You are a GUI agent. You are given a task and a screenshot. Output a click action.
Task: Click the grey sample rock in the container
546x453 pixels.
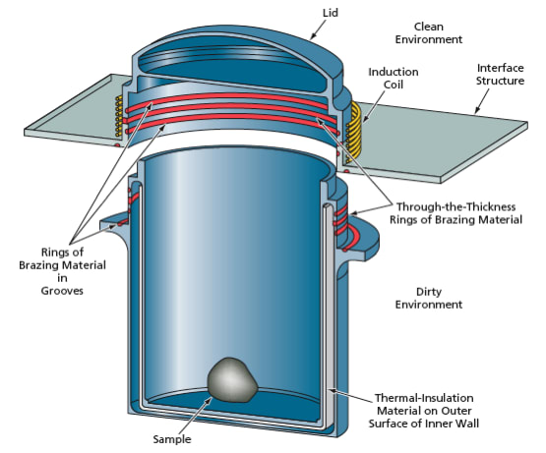[x=232, y=380]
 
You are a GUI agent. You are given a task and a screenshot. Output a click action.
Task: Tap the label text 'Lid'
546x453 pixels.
[x=331, y=13]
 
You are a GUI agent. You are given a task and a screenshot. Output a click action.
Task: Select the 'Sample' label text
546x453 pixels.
[x=172, y=439]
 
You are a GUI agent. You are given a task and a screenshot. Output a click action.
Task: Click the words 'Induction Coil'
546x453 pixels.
[x=394, y=79]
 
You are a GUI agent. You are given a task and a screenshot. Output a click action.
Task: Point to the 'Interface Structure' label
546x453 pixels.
[x=500, y=74]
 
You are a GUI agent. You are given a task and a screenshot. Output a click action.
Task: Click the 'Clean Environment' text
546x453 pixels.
[x=429, y=33]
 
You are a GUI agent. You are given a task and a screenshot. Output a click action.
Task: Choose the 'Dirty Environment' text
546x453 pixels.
[x=429, y=298]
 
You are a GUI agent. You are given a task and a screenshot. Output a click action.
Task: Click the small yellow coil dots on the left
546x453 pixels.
[x=119, y=116]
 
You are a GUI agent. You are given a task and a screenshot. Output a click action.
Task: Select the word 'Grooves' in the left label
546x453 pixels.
[x=62, y=291]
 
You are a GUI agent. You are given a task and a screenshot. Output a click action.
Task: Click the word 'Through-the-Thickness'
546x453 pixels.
[x=455, y=206]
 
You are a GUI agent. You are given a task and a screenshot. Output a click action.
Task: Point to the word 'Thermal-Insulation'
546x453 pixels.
[x=424, y=398]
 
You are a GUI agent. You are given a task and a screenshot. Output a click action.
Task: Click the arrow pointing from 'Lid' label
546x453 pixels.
[x=318, y=29]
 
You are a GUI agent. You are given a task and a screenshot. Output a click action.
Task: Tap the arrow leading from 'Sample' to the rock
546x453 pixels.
[x=195, y=415]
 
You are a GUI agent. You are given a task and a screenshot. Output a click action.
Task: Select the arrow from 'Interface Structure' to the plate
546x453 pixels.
[x=482, y=101]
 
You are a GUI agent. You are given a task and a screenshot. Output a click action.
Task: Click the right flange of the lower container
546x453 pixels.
[x=362, y=240]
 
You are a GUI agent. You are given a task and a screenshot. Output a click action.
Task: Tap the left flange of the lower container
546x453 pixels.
[x=115, y=224]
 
